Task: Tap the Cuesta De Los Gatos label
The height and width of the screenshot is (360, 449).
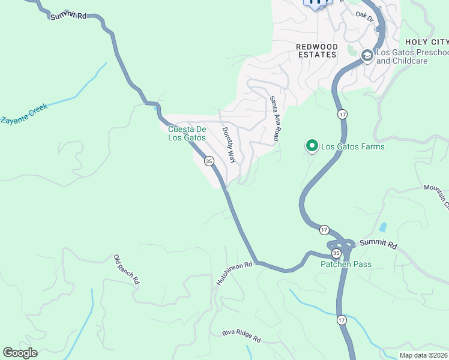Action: click(x=187, y=133)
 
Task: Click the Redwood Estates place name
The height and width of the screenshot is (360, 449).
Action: click(x=316, y=50)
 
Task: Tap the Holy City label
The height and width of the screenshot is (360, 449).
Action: click(x=426, y=42)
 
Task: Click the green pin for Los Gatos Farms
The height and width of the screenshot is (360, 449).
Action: click(x=312, y=146)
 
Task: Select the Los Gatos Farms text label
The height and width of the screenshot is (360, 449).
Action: click(x=352, y=146)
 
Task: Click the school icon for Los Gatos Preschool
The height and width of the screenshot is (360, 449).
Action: click(x=366, y=56)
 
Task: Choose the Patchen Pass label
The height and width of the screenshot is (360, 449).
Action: click(x=345, y=264)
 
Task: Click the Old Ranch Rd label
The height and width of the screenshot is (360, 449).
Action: click(x=127, y=269)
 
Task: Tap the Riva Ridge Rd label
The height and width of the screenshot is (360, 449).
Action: click(x=241, y=336)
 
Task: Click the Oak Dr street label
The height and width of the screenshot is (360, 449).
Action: click(x=364, y=14)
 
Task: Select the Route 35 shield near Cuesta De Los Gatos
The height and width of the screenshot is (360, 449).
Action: click(x=209, y=161)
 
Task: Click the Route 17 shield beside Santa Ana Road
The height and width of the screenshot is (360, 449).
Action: click(x=342, y=113)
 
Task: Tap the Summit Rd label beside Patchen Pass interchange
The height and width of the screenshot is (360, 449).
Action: click(x=379, y=245)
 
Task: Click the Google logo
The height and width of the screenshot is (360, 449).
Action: click(x=20, y=353)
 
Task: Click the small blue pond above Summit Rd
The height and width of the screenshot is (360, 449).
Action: click(x=382, y=227)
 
